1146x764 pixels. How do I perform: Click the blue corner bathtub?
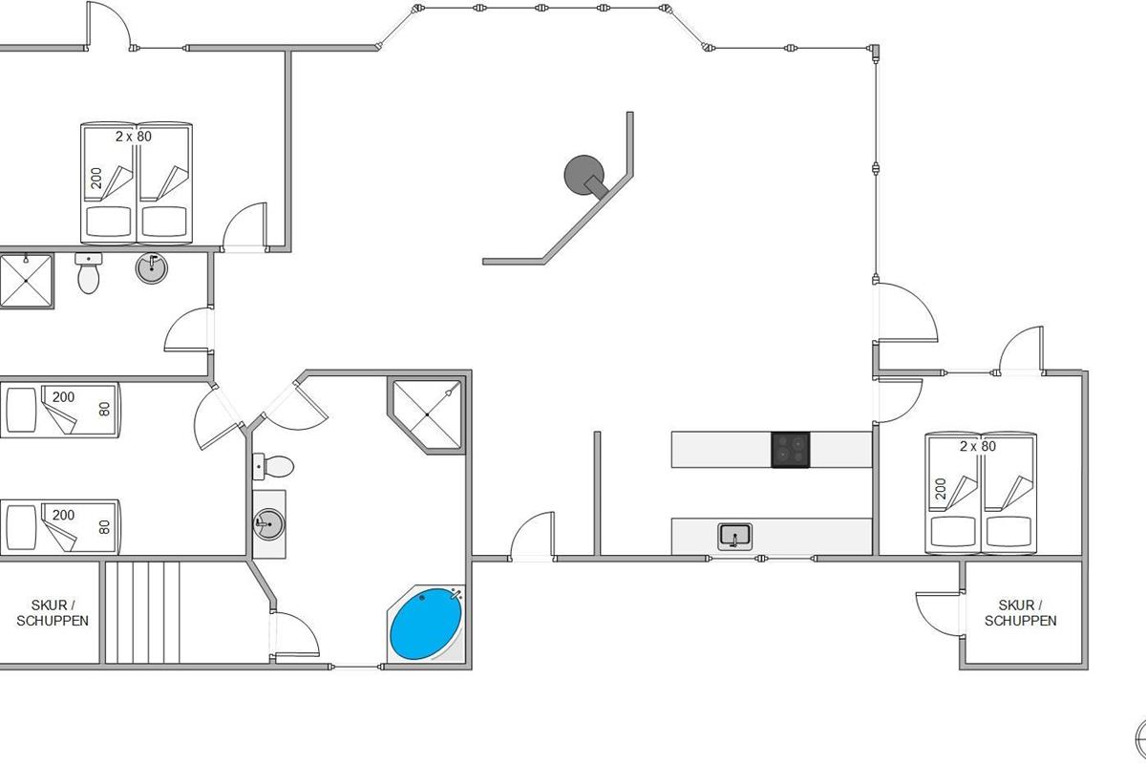pos(426,626)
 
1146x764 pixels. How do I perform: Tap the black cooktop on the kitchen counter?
pos(791,449)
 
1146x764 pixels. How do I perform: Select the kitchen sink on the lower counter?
pos(734,536)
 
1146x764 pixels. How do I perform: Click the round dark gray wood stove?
pos(584,176)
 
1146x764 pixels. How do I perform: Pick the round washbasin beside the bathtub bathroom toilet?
pos(268,523)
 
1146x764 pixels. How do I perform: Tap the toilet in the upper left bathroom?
pos(89,275)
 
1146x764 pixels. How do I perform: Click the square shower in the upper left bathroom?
pos(25,281)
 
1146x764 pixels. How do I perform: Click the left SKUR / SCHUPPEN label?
pos(53,613)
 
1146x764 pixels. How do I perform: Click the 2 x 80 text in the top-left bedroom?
pos(134,137)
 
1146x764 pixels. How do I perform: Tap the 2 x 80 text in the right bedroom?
pos(978,446)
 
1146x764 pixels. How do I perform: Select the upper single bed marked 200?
pos(59,410)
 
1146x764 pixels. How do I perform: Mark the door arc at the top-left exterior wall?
pos(110,24)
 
